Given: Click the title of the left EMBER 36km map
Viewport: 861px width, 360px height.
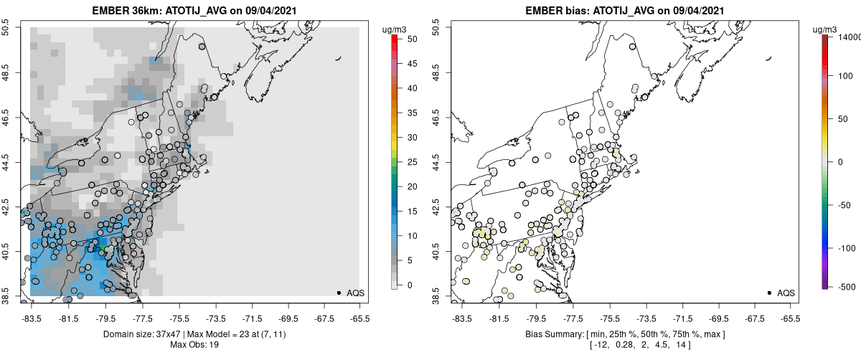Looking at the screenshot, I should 194,11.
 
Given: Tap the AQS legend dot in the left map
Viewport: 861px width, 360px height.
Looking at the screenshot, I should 339,293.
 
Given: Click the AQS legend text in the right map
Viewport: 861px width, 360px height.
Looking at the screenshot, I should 786,293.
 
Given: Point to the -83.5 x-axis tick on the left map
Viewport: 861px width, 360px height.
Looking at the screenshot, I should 31,316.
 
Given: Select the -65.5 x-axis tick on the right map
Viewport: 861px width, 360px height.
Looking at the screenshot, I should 790,316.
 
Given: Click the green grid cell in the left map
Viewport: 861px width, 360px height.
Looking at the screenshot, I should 103,247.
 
